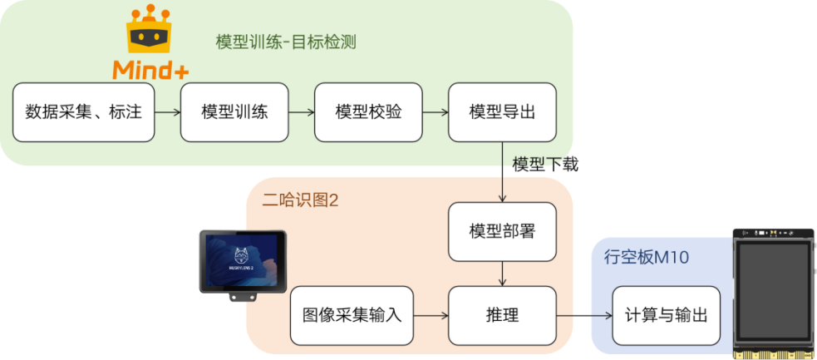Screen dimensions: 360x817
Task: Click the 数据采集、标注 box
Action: [84, 112]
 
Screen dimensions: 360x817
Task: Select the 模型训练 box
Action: [234, 112]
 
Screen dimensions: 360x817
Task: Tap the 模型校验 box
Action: [368, 112]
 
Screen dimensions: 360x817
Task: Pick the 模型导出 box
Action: [502, 112]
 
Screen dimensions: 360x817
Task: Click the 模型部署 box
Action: [502, 231]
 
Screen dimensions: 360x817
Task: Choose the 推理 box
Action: [502, 316]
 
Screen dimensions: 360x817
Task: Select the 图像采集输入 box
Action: [352, 316]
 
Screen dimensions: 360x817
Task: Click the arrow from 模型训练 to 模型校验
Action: [301, 112]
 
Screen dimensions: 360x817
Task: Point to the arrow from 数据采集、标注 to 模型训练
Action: [167, 112]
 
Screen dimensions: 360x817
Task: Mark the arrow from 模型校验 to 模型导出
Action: [435, 112]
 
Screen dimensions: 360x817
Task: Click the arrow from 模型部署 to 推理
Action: [502, 273]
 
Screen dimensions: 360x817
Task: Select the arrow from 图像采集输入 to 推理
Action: [431, 316]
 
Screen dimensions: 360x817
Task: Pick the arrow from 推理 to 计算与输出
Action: [583, 316]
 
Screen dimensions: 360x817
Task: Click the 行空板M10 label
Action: [646, 258]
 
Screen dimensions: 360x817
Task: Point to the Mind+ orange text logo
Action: [150, 70]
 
